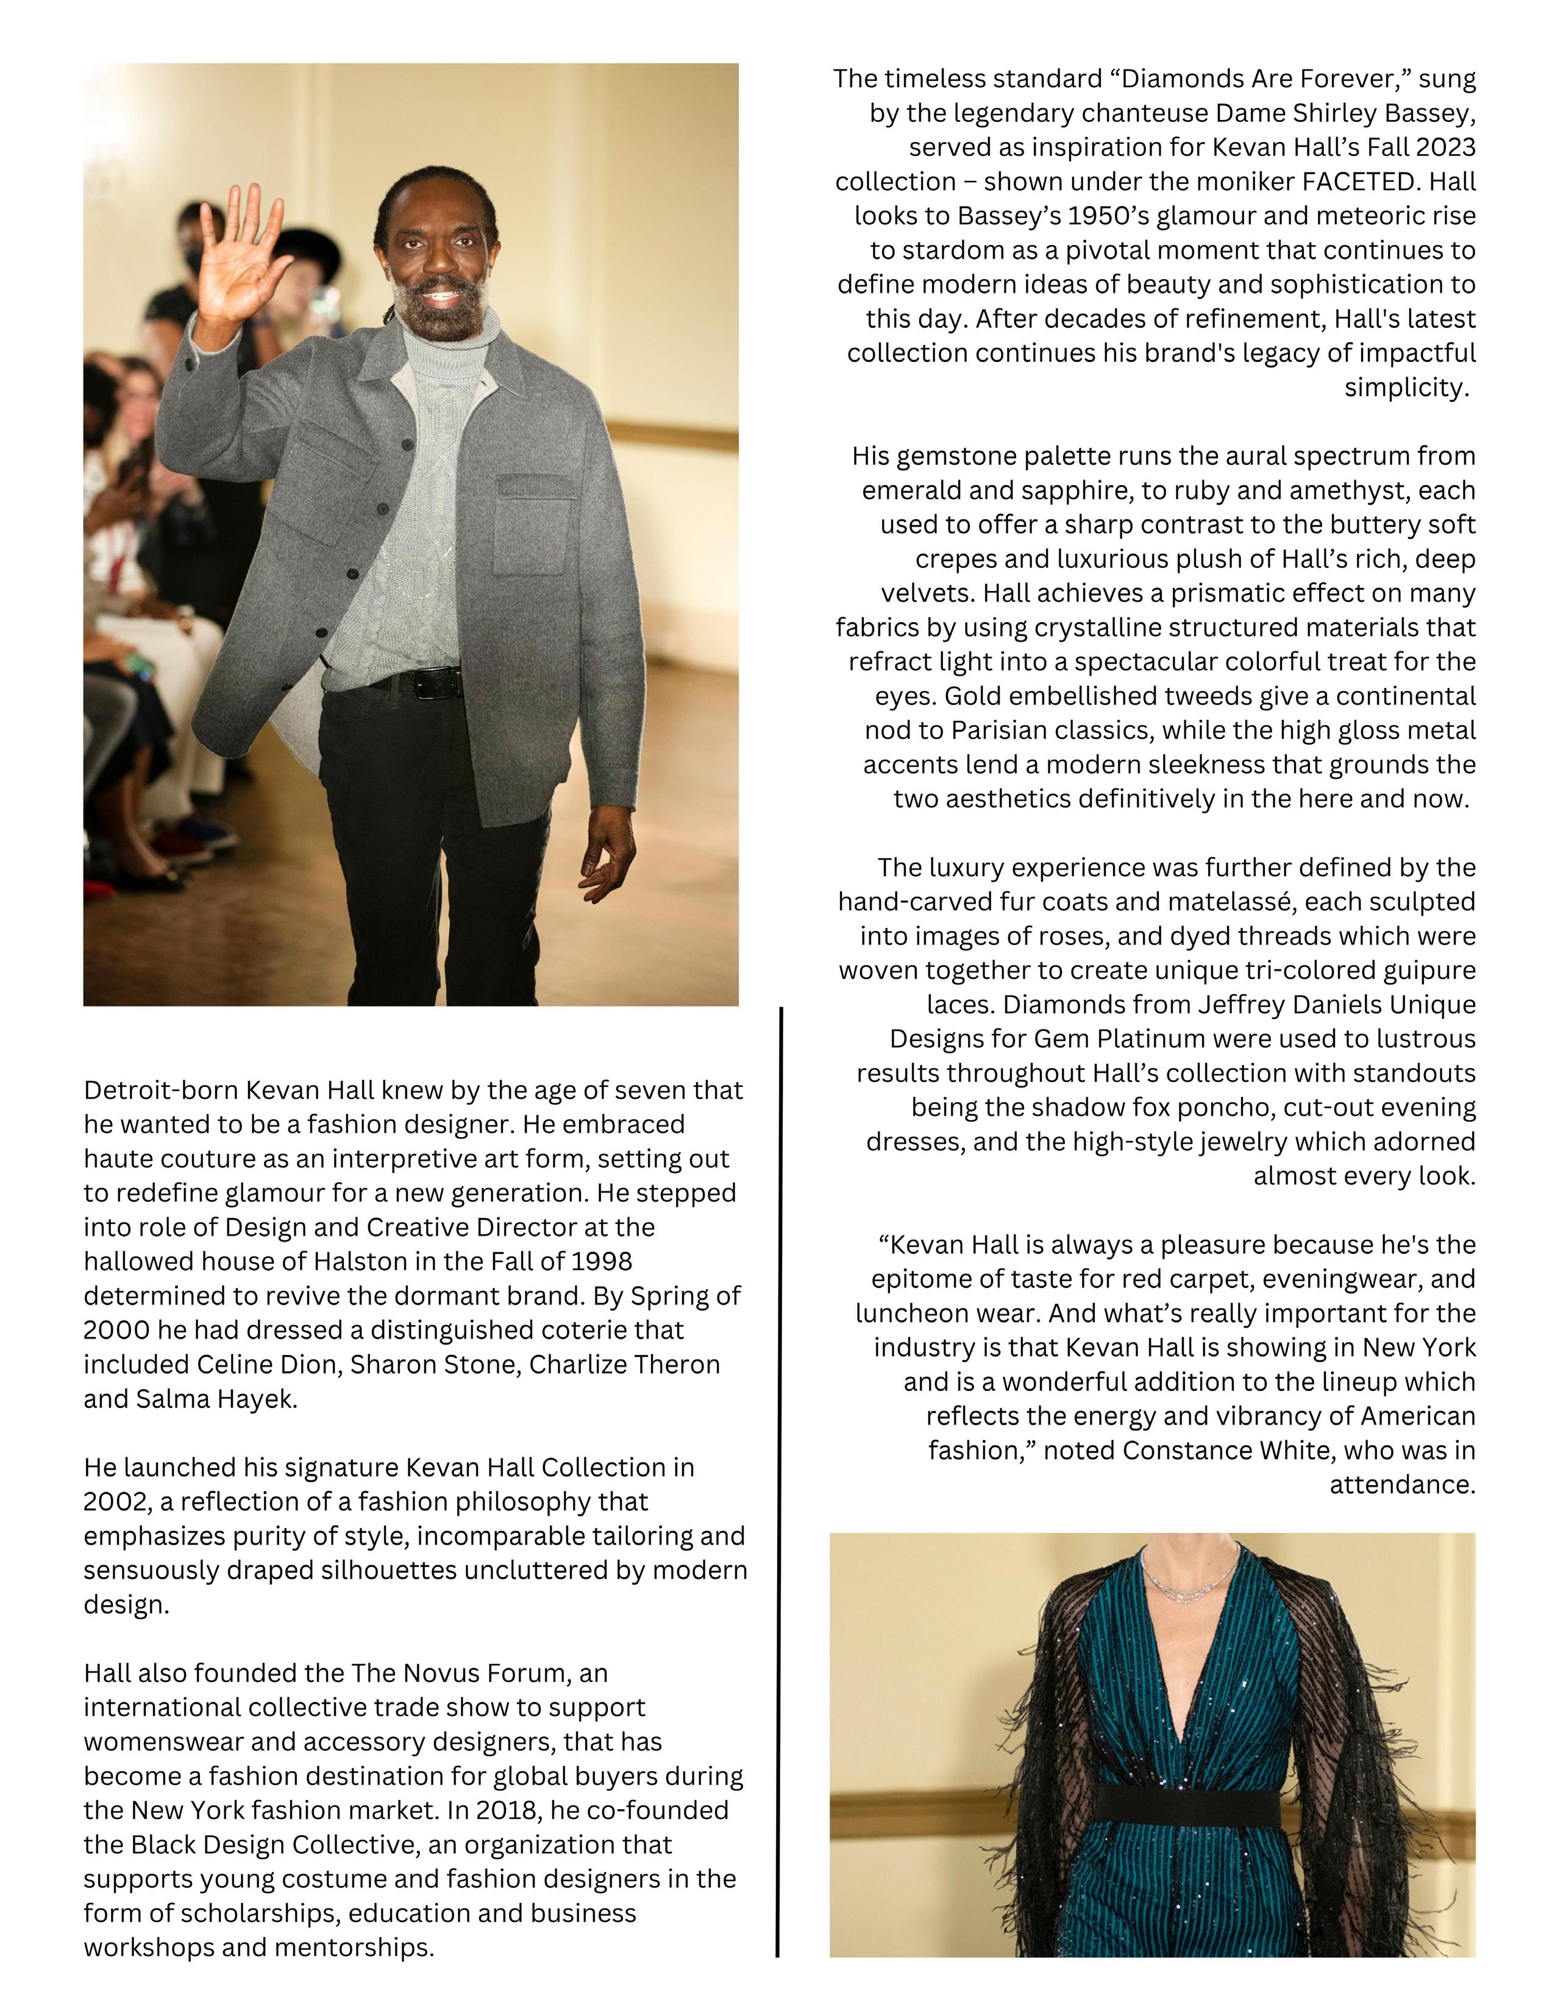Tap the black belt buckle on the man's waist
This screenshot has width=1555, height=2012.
point(439,682)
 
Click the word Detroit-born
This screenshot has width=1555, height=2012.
point(148,1090)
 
